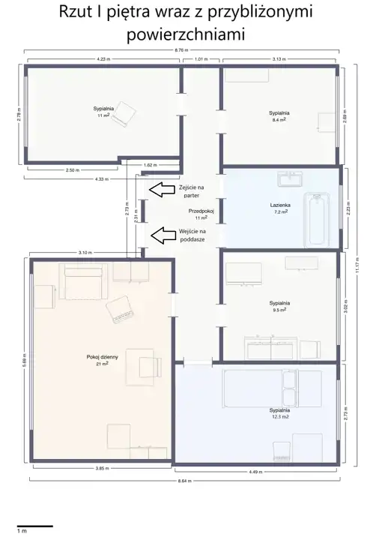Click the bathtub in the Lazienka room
[317, 220]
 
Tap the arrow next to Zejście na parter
[162, 190]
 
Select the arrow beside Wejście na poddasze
[162, 235]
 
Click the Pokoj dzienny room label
[102, 357]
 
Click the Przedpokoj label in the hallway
[201, 211]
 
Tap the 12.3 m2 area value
[280, 417]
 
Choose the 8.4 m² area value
[279, 119]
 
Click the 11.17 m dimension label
[358, 265]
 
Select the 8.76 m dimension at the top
[181, 50]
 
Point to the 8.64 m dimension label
[185, 481]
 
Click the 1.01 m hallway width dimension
[201, 59]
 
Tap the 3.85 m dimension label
[102, 468]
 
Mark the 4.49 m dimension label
[255, 472]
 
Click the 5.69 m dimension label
[24, 360]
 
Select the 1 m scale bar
[35, 526]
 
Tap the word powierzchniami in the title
[186, 34]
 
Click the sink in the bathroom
[290, 179]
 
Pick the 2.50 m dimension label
[72, 170]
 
